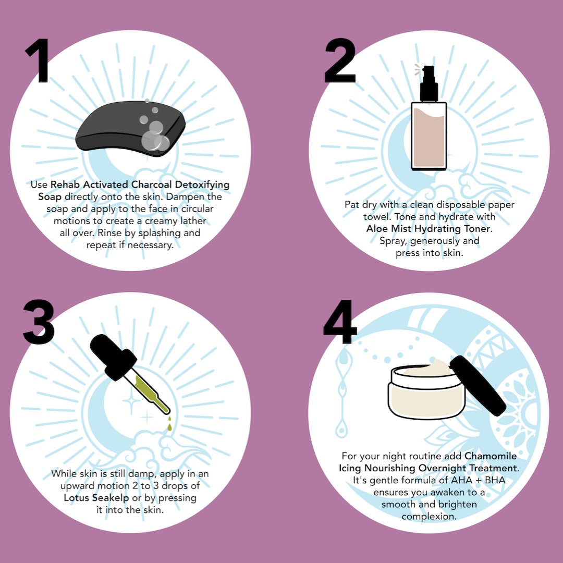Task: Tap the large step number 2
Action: (x=340, y=60)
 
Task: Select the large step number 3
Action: (x=39, y=322)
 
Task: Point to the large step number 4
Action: (x=340, y=321)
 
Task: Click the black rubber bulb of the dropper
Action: (x=113, y=356)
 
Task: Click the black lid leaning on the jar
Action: (x=478, y=385)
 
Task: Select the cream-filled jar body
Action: (x=426, y=393)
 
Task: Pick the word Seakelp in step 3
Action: (x=111, y=498)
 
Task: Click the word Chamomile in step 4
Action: (x=491, y=456)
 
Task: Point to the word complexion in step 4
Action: (x=429, y=517)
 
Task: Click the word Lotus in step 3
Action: (x=77, y=498)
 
